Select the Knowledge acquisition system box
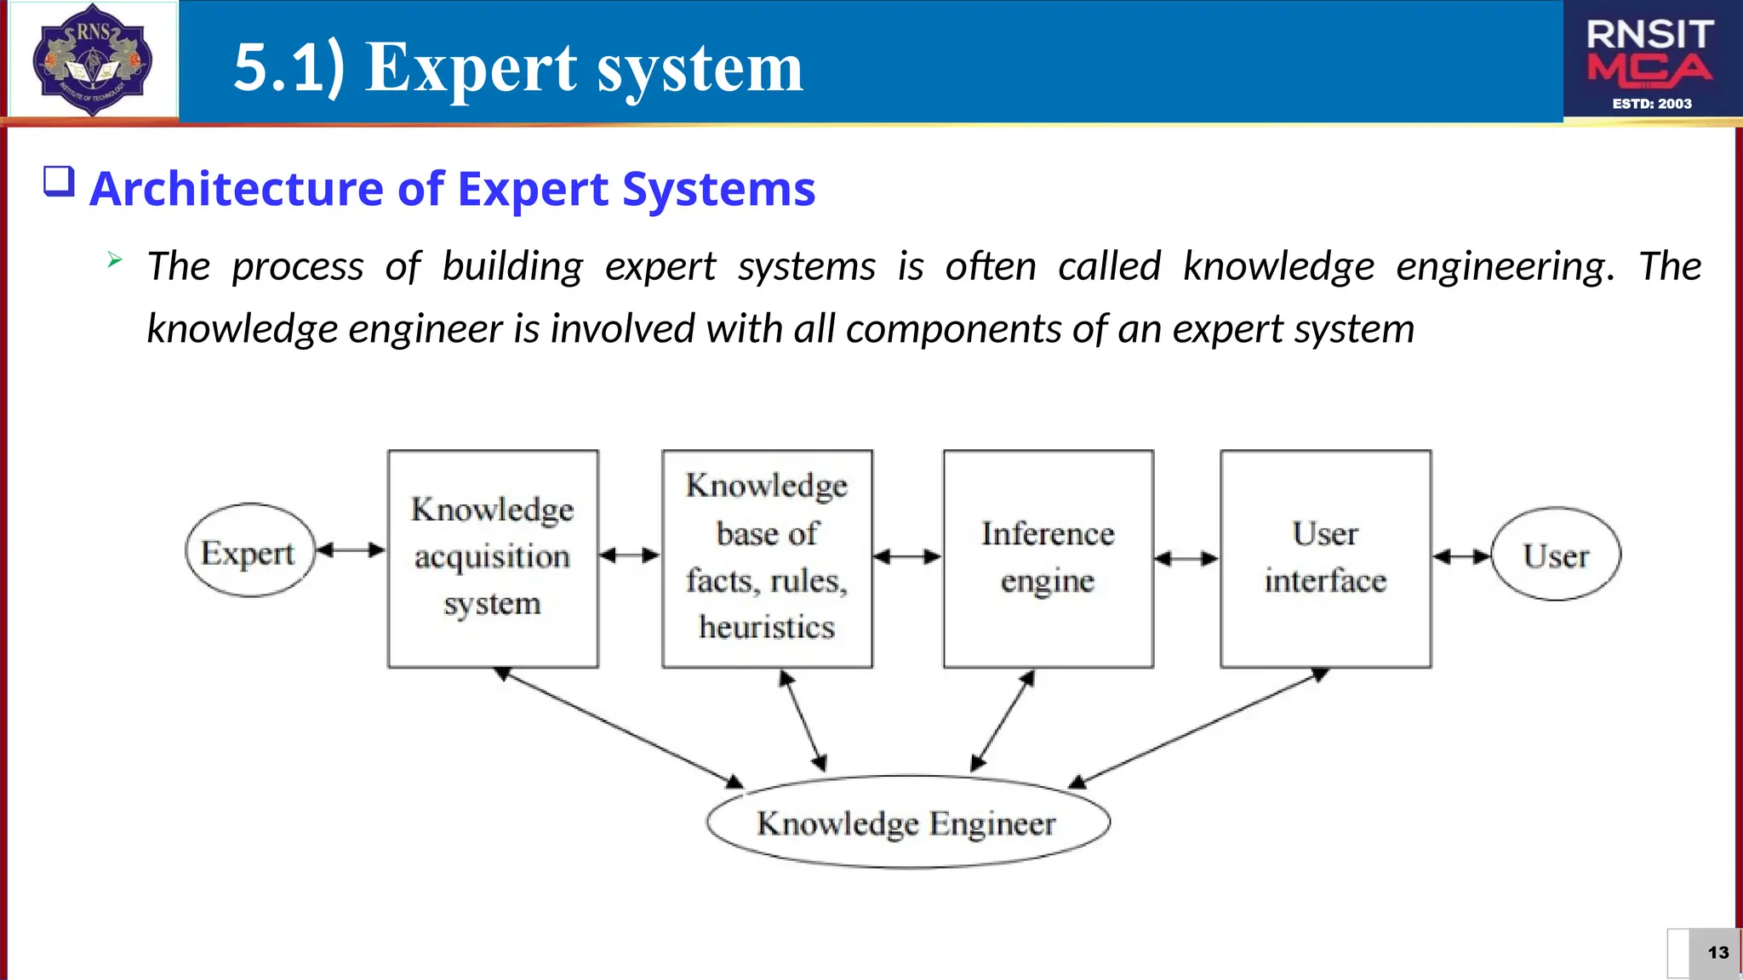tap(493, 558)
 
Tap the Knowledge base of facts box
tap(767, 558)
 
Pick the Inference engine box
tap(1048, 558)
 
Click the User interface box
tap(1325, 558)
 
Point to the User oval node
tap(1556, 555)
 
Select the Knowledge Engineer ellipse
tap(907, 823)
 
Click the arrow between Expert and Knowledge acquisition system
tap(351, 550)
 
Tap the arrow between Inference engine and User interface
tap(1186, 558)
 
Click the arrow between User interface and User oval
tap(1461, 556)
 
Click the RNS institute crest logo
tap(92, 60)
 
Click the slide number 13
tap(1717, 953)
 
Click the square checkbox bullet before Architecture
tap(59, 182)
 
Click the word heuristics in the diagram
tap(767, 627)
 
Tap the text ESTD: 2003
tap(1652, 104)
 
